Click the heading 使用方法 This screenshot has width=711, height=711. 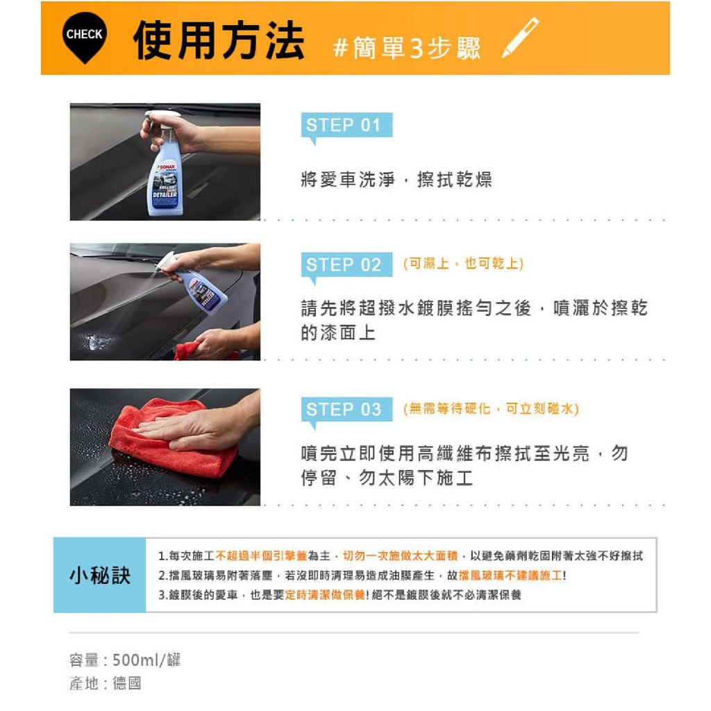(x=219, y=40)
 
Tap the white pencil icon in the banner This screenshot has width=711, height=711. (x=520, y=37)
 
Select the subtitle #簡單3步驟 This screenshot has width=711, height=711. (x=406, y=48)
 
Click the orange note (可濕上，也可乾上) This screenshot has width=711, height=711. (x=463, y=263)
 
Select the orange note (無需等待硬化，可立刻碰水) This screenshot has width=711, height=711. (x=491, y=408)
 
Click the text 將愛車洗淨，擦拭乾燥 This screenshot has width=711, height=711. (x=396, y=180)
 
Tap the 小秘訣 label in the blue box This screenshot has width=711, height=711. (x=100, y=576)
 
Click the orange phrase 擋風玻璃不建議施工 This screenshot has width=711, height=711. (x=510, y=576)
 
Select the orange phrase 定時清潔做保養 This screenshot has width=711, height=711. (x=325, y=595)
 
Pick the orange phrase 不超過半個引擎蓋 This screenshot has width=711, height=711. (x=261, y=556)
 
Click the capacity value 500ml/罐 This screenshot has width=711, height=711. (x=147, y=660)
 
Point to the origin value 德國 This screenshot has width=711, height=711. (x=127, y=683)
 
